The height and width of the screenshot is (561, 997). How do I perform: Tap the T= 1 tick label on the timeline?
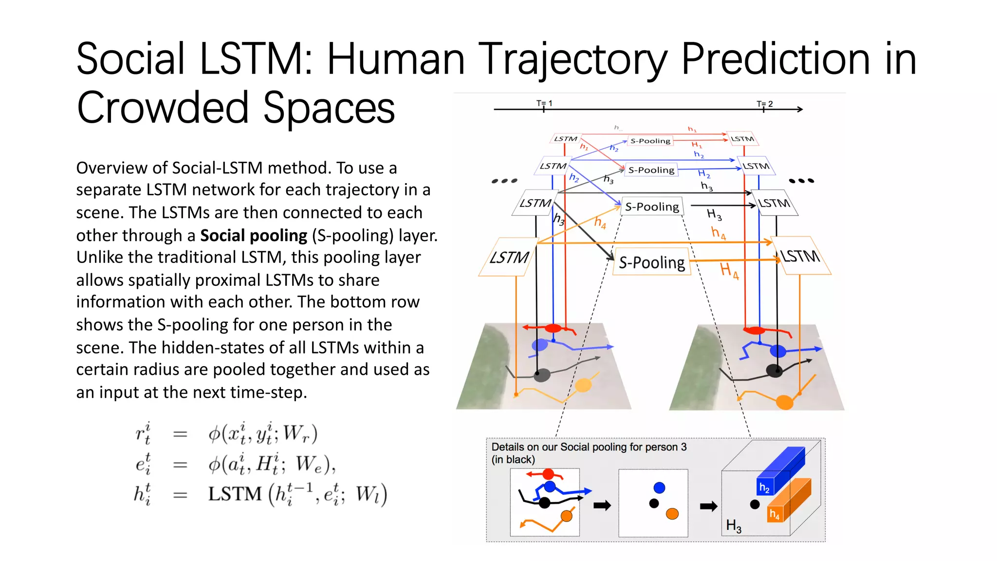point(544,103)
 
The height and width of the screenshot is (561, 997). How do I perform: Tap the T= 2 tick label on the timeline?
point(764,104)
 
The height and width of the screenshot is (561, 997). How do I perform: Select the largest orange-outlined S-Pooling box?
point(652,262)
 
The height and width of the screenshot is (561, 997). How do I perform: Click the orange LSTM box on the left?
point(508,257)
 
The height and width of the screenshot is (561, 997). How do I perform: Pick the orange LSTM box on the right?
point(801,256)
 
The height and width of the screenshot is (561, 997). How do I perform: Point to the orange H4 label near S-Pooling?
point(729,270)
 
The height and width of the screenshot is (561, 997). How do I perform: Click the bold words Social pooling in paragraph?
point(254,236)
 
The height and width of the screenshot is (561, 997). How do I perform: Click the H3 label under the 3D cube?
point(734,525)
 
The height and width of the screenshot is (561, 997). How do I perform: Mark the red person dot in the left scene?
point(553,328)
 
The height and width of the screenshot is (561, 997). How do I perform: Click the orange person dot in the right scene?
point(784,402)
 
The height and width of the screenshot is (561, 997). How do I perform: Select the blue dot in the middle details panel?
point(659,487)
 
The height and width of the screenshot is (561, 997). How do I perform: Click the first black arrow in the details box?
point(602,505)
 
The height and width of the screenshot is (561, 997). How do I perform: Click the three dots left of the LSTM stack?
point(504,181)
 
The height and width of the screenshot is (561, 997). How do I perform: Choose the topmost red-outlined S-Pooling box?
point(650,141)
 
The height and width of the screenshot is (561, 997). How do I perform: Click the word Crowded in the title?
point(163,108)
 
